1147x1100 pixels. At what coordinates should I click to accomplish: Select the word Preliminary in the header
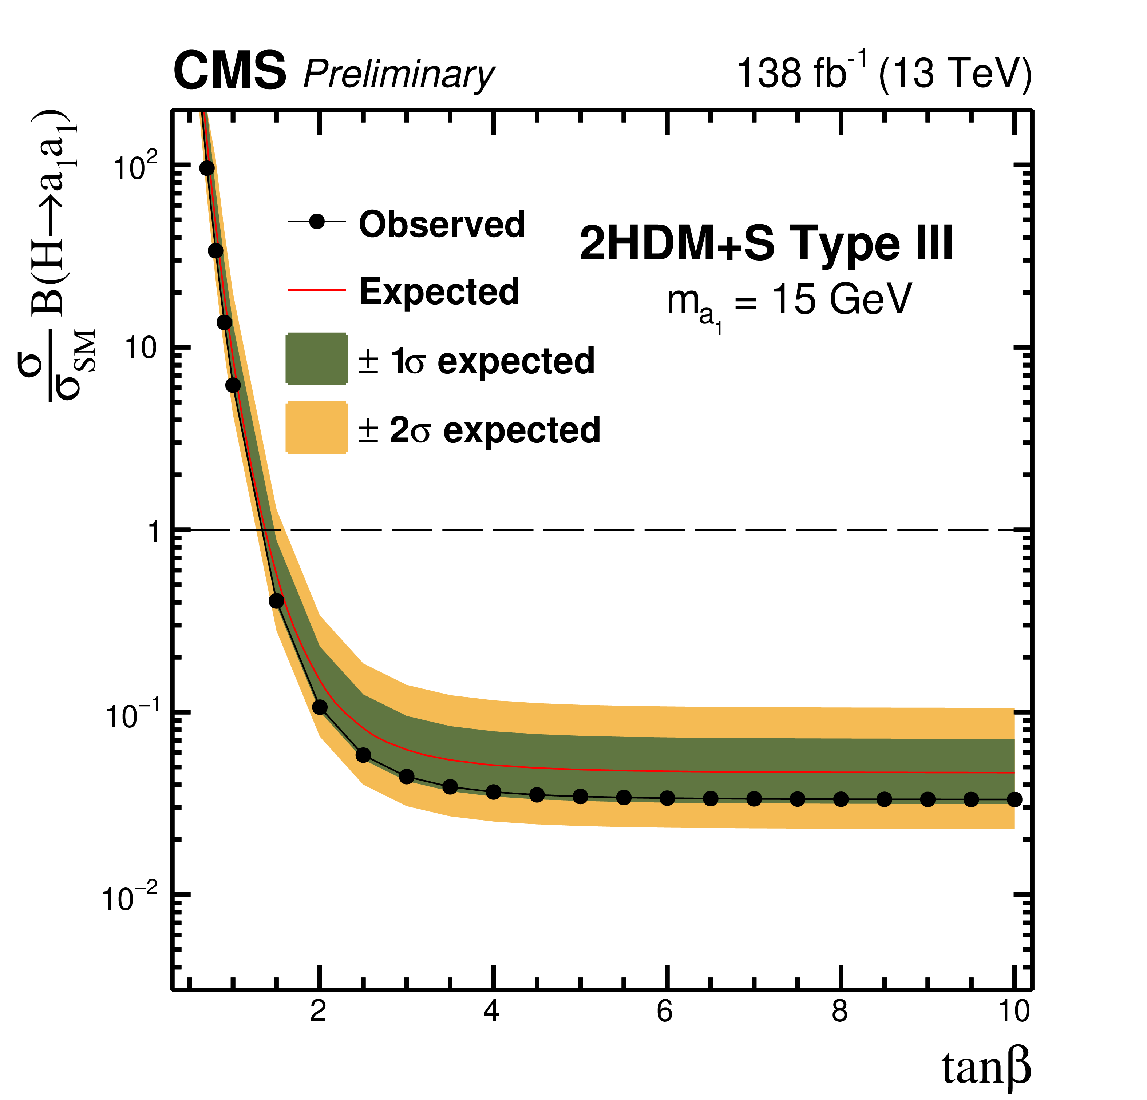pos(399,74)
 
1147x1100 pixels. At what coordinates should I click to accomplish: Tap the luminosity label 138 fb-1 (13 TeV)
pos(884,72)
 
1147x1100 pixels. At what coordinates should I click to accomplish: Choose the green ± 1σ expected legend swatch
pos(317,359)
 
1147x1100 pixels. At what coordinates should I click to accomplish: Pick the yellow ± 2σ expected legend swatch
pos(317,428)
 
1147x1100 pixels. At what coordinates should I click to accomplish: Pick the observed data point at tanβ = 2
pos(320,707)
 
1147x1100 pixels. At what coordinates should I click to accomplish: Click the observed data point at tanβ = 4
pos(493,792)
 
